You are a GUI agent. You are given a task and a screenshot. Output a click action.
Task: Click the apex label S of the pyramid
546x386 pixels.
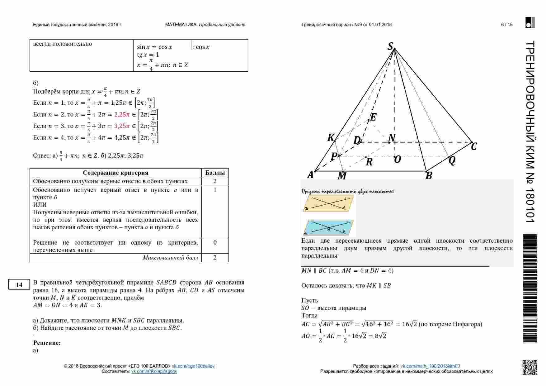[391, 46]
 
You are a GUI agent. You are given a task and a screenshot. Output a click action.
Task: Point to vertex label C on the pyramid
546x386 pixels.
[474, 146]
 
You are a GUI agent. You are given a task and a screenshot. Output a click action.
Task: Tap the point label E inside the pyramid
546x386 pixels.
[373, 117]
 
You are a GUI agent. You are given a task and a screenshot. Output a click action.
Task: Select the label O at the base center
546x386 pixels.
[398, 160]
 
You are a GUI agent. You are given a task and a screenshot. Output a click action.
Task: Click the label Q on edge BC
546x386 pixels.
[452, 160]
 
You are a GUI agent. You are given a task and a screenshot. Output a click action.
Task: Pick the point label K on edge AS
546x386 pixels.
[331, 137]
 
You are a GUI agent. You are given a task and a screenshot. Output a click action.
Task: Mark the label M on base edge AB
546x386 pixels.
[342, 176]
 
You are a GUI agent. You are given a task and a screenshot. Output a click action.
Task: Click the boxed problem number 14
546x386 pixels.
[19, 284]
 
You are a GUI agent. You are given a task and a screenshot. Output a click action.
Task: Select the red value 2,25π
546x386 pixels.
[122, 114]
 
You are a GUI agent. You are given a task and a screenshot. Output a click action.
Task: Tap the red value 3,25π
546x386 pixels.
[122, 126]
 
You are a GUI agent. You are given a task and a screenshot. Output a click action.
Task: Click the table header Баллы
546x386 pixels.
[215, 173]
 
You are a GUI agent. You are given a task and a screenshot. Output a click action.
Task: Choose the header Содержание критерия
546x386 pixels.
[115, 173]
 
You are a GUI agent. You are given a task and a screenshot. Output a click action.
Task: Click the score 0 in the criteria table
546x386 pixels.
[215, 243]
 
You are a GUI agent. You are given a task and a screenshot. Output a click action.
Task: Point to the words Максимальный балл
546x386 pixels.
[170, 258]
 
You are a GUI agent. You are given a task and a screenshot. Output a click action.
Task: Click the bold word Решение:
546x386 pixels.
[47, 343]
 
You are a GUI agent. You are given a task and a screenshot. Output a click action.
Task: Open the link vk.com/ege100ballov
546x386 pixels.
[193, 366]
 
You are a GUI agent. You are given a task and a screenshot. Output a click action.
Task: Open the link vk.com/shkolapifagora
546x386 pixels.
[154, 371]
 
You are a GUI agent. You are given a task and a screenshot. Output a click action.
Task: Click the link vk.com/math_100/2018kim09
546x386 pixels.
[430, 366]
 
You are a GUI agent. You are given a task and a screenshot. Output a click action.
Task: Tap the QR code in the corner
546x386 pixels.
[530, 367]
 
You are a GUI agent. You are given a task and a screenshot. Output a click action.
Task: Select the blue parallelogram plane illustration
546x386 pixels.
[329, 227]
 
